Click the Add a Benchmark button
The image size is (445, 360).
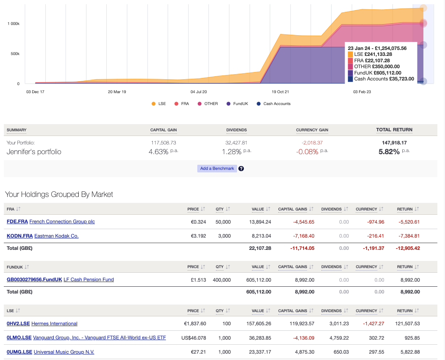tap(217, 169)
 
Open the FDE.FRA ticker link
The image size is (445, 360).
tap(17, 222)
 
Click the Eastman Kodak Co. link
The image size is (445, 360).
tap(56, 236)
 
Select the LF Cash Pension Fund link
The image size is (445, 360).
tap(88, 280)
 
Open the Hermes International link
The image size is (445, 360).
tap(54, 324)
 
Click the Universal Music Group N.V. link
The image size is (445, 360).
tap(64, 352)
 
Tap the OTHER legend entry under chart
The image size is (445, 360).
tap(211, 104)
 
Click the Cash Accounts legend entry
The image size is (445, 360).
tap(276, 104)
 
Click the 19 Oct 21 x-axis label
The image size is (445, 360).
tap(280, 91)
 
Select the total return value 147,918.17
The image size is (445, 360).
tap(394, 143)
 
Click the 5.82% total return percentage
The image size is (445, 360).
tap(389, 152)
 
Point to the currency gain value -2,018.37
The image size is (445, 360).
tap(312, 143)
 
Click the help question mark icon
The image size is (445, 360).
tap(241, 169)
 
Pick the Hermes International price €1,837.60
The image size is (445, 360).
tap(193, 324)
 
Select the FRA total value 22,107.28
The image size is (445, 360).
tap(260, 248)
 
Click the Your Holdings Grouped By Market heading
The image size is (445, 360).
tap(59, 194)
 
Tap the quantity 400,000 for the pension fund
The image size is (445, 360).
tap(222, 280)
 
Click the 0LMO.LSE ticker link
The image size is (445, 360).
tap(19, 338)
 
